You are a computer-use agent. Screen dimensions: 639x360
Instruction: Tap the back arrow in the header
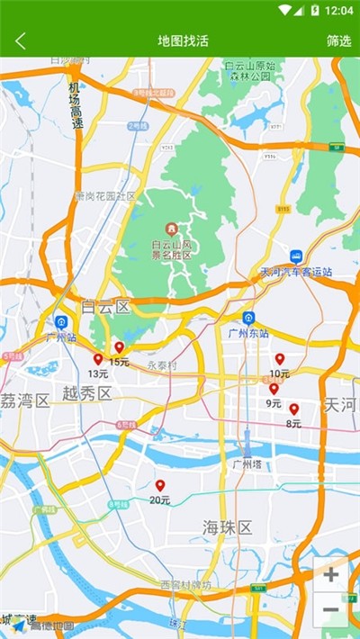[21, 40]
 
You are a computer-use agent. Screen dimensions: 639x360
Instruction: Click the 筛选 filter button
[338, 40]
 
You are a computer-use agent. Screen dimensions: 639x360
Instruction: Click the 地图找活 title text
[183, 40]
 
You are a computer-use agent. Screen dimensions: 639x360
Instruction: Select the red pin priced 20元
[160, 486]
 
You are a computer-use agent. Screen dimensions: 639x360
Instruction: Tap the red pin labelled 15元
[119, 347]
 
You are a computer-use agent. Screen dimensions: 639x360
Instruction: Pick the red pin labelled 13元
[98, 359]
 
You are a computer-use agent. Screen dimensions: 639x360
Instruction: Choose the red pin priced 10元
[279, 359]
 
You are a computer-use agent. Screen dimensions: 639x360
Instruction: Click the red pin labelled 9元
[274, 389]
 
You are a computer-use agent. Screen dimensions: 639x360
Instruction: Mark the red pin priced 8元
[293, 409]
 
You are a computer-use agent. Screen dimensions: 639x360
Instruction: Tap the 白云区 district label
[105, 307]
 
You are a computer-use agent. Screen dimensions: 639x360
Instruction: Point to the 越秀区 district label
[87, 393]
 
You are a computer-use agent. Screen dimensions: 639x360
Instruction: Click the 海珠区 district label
[227, 527]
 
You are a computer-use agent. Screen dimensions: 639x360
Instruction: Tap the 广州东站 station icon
[248, 318]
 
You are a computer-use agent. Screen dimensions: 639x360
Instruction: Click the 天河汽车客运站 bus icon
[296, 256]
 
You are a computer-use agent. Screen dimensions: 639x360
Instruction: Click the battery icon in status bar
[314, 10]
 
